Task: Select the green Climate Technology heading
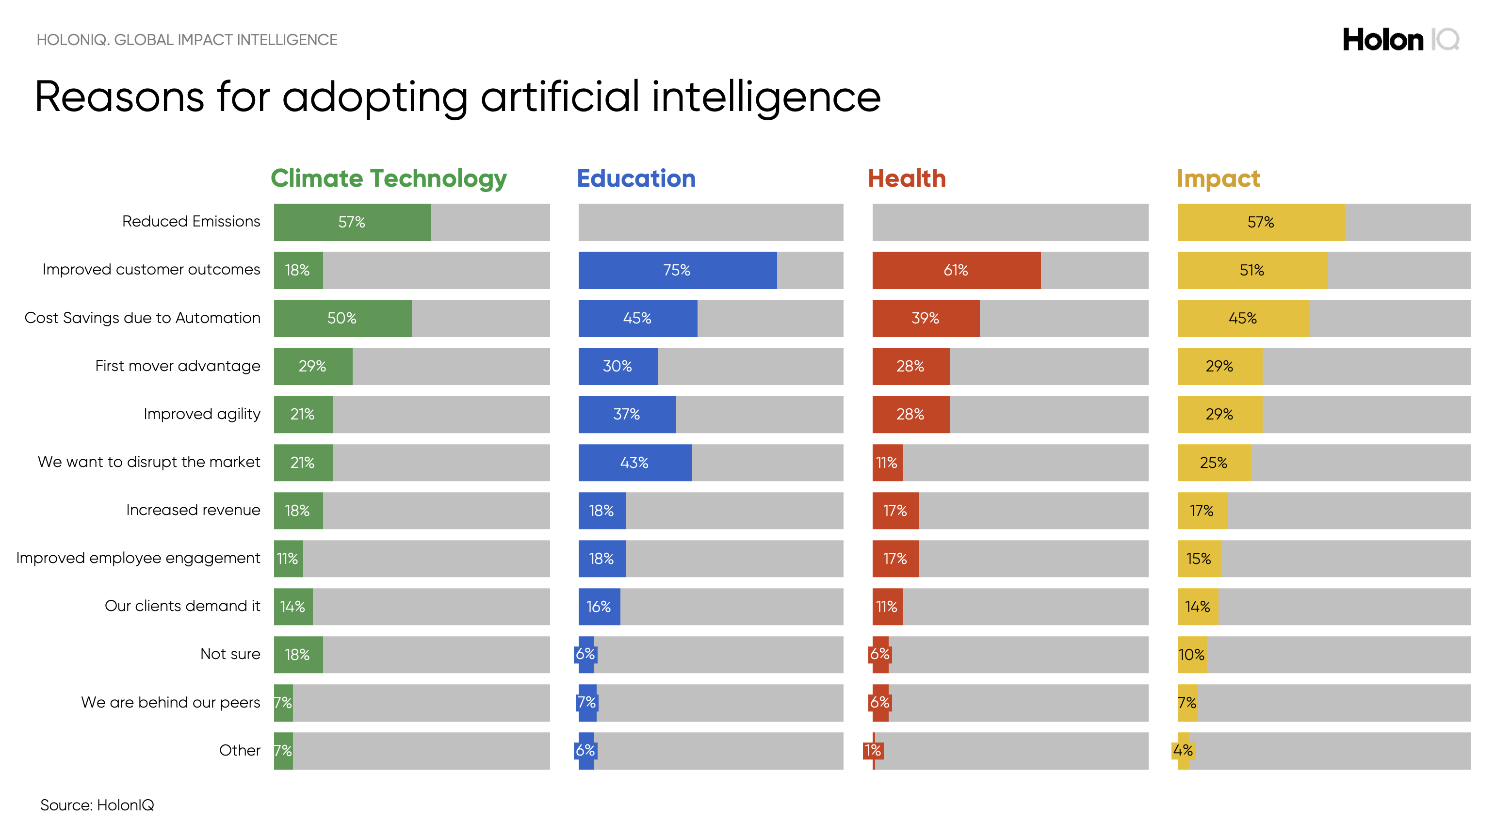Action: coord(388,178)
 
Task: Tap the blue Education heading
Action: coord(635,178)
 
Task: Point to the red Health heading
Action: coord(906,178)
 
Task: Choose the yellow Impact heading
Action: coord(1218,178)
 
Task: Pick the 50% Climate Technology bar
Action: coord(342,318)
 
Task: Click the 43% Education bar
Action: coord(634,463)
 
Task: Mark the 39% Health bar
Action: coord(925,318)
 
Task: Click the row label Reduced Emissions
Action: coord(191,221)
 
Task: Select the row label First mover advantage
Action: coord(178,366)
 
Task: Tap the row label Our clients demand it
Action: coord(182,605)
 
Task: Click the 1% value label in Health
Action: coord(872,750)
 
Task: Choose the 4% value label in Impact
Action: coord(1182,750)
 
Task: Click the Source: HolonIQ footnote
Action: coord(97,805)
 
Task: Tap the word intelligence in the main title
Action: coord(765,97)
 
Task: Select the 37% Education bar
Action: coord(627,414)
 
